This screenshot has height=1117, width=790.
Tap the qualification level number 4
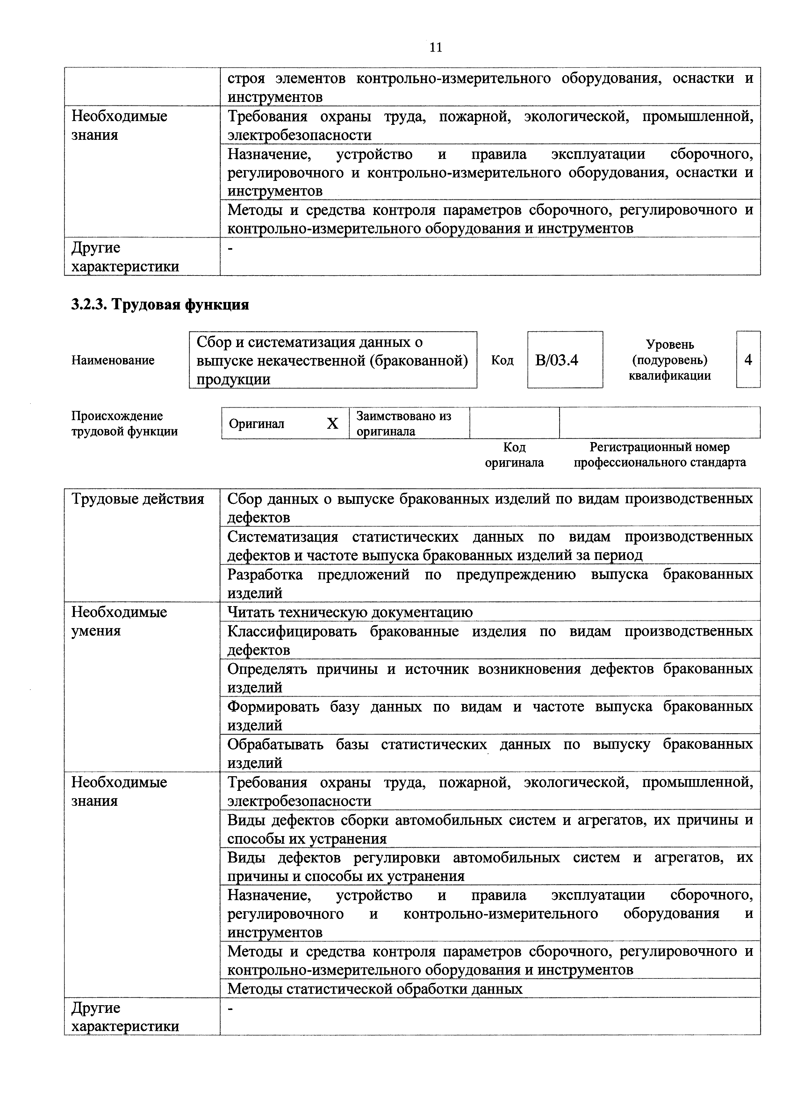[748, 360]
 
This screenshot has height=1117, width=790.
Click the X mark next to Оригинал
[332, 424]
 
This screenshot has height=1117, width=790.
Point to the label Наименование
[113, 360]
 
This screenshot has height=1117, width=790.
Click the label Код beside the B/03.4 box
[502, 360]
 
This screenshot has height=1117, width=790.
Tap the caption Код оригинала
[514, 455]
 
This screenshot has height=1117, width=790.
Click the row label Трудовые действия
[138, 499]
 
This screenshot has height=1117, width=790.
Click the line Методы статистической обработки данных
[375, 989]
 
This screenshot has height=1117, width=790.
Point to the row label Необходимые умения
[119, 621]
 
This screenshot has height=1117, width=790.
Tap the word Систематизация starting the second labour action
[283, 537]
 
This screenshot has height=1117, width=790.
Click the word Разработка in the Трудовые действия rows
[265, 575]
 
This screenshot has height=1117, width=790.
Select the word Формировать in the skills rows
[273, 706]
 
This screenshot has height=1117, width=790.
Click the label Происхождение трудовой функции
[125, 423]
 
